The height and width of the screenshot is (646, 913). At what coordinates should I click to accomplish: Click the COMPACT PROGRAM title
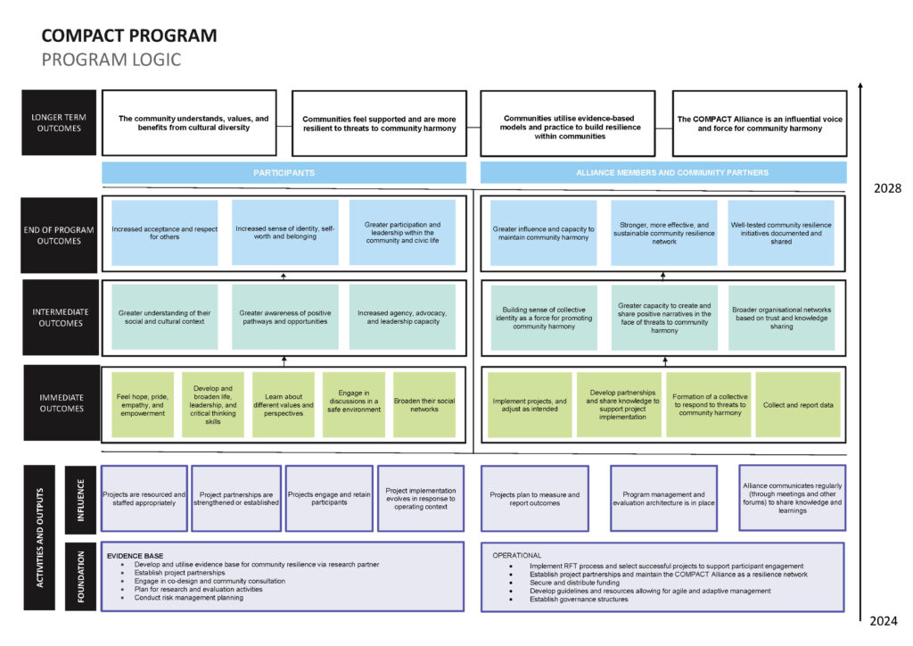tap(129, 36)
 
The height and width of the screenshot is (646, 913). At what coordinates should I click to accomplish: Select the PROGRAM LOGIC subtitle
tap(111, 60)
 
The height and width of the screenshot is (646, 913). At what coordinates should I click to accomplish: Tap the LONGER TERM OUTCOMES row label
tap(59, 122)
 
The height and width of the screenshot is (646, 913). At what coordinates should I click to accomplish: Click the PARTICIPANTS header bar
tap(284, 172)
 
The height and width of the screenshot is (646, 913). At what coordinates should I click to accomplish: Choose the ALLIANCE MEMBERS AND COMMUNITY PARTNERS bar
tap(663, 172)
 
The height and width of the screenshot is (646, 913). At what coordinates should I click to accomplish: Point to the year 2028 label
tap(887, 189)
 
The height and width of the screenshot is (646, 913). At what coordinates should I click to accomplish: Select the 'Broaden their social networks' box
tap(424, 403)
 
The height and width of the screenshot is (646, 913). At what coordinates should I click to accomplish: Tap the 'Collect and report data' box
tap(798, 404)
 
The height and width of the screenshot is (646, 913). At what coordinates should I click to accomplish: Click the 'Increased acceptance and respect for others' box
tap(164, 233)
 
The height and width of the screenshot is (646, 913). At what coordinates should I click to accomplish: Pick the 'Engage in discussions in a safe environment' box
tap(353, 403)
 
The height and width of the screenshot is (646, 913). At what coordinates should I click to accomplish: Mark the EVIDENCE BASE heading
tap(135, 554)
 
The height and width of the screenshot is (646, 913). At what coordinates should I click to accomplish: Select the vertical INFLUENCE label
tap(82, 499)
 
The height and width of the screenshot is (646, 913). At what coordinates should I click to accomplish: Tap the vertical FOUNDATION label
tap(82, 576)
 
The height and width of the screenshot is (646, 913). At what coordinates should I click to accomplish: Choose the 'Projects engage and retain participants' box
tap(327, 498)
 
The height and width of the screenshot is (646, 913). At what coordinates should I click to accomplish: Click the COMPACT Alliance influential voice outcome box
tap(760, 123)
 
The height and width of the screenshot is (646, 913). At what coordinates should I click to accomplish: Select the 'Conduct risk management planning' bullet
tap(188, 597)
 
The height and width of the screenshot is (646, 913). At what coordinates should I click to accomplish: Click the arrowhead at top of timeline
tap(860, 87)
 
